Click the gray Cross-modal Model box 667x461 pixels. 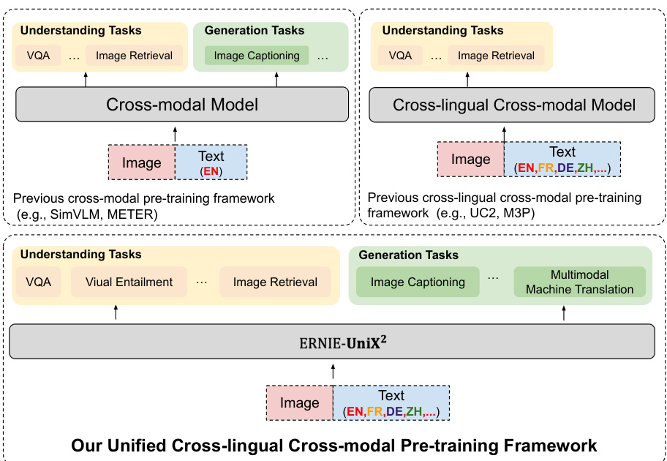tap(182, 105)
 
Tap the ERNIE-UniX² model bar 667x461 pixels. tap(333, 341)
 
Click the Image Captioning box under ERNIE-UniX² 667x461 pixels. tap(418, 282)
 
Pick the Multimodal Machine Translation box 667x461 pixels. tap(579, 282)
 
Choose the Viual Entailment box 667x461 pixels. tap(129, 282)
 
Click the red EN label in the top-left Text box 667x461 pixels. tap(211, 171)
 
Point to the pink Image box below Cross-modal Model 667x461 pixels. tap(141, 162)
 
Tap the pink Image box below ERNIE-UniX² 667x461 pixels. tap(299, 403)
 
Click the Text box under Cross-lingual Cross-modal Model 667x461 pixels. tap(562, 160)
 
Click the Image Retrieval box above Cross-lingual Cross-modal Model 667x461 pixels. tap(495, 55)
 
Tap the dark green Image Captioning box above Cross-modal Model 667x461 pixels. tap(252, 55)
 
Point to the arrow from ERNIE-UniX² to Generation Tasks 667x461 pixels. tap(563, 313)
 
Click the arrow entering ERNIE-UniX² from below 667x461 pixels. tap(333, 372)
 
